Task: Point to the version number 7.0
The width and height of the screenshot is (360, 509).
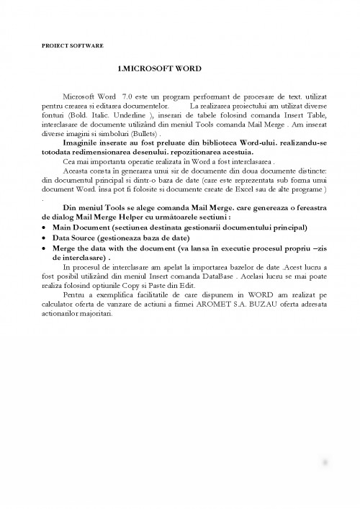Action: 127,96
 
